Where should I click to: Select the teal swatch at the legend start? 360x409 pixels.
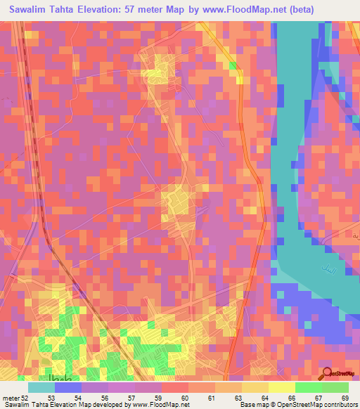(41, 387)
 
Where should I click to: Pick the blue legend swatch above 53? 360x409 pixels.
(68, 387)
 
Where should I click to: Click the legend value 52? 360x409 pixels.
(25, 398)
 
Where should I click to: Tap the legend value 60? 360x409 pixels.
(185, 398)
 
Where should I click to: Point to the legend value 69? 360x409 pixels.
(345, 398)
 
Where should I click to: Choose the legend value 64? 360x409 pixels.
(264, 398)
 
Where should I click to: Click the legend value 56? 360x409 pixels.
(105, 398)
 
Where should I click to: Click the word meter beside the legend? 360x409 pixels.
(11, 398)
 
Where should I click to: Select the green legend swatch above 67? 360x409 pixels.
(309, 387)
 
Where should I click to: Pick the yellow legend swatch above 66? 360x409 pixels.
(282, 387)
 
